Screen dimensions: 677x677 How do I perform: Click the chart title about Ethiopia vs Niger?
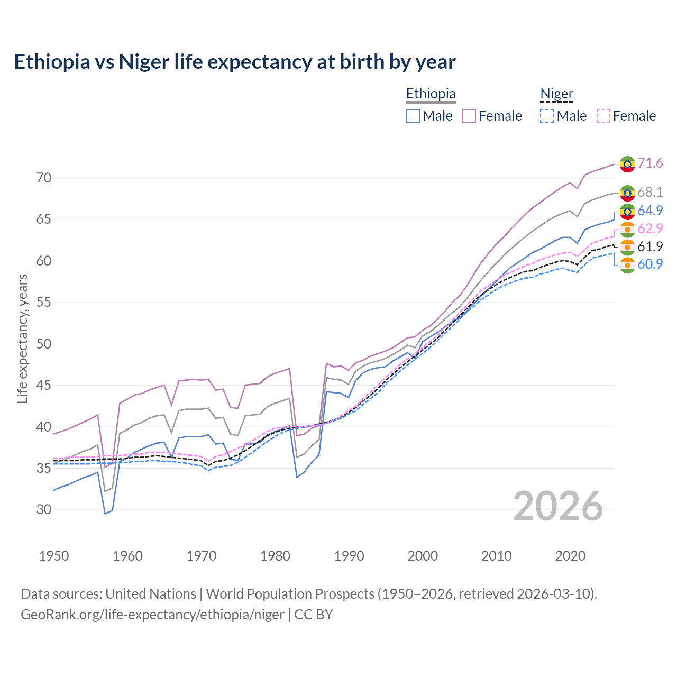click(234, 62)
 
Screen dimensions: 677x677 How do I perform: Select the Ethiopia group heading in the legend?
click(431, 94)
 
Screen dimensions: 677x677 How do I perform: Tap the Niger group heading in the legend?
click(556, 94)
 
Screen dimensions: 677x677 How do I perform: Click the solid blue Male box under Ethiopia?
click(413, 116)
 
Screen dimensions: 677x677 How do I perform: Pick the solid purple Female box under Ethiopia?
click(469, 116)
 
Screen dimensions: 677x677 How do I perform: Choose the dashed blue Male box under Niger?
click(547, 116)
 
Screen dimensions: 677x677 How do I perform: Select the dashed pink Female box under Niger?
click(603, 116)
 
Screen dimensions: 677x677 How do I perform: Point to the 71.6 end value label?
click(650, 163)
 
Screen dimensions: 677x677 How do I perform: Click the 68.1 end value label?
click(650, 192)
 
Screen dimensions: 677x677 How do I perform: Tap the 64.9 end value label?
click(650, 211)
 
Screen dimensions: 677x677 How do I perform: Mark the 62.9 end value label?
click(650, 228)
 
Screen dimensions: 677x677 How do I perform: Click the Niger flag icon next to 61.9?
click(627, 247)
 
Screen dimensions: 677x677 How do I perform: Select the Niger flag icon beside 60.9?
click(627, 264)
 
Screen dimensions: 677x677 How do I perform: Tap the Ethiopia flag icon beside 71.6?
click(627, 164)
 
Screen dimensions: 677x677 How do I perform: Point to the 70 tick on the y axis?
click(44, 178)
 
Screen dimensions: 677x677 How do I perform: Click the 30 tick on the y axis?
click(44, 510)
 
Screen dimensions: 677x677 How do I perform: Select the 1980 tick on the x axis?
click(275, 556)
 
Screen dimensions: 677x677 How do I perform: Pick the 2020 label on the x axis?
click(570, 556)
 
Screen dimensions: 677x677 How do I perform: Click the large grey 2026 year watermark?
click(557, 506)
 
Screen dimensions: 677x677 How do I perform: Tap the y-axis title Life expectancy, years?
click(23, 338)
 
